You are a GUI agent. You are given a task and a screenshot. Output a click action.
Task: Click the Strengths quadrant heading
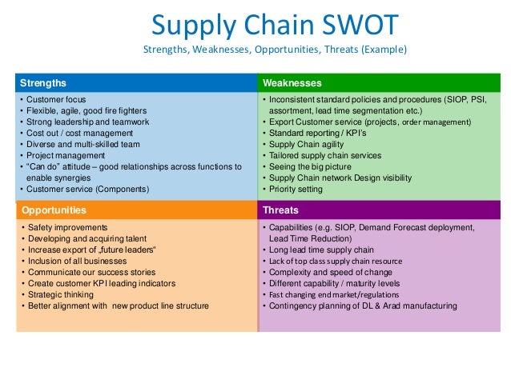pyautogui.click(x=43, y=82)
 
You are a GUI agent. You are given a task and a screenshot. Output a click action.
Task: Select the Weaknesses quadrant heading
pyautogui.click(x=292, y=82)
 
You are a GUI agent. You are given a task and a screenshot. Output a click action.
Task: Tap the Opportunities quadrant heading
pyautogui.click(x=54, y=210)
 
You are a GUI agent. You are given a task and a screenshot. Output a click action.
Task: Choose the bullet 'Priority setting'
pyautogui.click(x=296, y=190)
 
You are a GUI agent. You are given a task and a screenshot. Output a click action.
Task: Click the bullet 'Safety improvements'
pyautogui.click(x=67, y=228)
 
